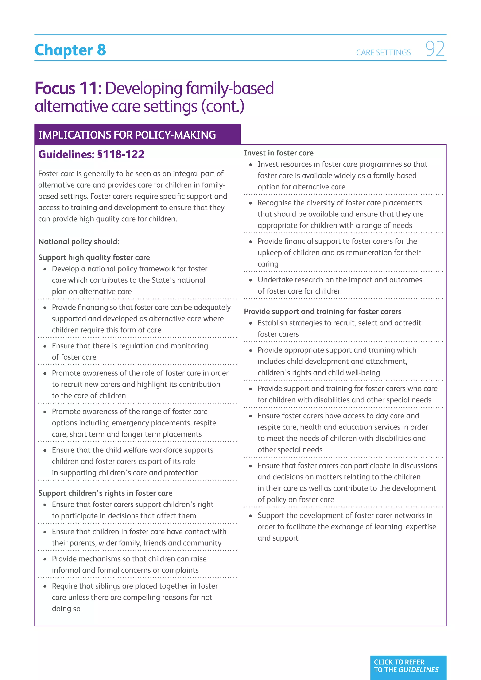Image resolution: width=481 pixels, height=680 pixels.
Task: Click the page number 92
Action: [x=435, y=49]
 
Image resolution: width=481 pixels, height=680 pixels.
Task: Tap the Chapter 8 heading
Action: [x=70, y=50]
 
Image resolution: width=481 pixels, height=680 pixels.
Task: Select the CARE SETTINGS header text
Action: [x=383, y=53]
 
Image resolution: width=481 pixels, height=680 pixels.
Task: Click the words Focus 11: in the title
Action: [x=68, y=88]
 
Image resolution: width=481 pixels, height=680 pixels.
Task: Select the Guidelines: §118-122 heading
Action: [x=91, y=154]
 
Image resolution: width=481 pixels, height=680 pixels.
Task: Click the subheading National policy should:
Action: [x=79, y=242]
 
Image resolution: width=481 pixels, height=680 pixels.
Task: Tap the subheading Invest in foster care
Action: [x=278, y=153]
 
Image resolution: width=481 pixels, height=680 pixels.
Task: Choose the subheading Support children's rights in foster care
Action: [x=105, y=493]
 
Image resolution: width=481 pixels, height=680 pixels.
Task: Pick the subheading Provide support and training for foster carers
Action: [x=322, y=312]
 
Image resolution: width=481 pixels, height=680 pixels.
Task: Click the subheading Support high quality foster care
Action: [x=94, y=258]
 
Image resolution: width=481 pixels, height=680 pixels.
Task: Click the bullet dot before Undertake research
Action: [x=251, y=280]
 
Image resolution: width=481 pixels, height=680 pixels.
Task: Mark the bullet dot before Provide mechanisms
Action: [x=45, y=559]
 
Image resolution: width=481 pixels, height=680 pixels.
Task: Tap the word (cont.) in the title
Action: [x=223, y=107]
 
